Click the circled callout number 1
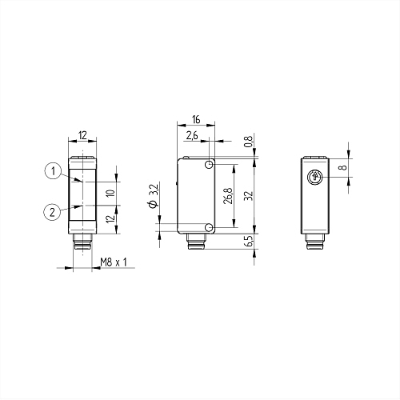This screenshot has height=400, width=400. (x=54, y=171)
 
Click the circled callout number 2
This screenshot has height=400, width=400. (x=52, y=212)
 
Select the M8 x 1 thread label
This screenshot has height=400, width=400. (x=114, y=262)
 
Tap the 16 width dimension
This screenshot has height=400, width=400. (x=196, y=119)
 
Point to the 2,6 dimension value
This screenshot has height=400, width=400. (x=192, y=136)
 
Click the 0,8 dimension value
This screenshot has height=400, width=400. (x=248, y=142)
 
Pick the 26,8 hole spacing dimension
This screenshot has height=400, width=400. (x=228, y=196)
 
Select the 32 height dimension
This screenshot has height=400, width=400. (x=248, y=196)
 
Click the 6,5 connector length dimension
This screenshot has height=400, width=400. (x=248, y=241)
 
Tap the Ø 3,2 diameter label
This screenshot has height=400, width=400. (x=154, y=196)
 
